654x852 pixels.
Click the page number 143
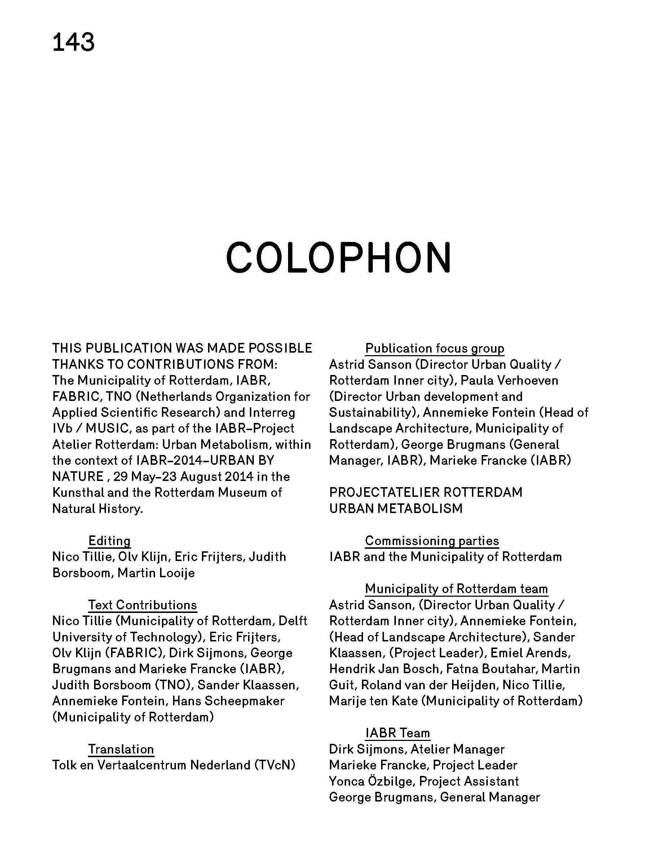pyautogui.click(x=74, y=43)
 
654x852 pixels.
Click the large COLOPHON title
pyautogui.click(x=338, y=258)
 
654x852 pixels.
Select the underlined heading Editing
pyautogui.click(x=109, y=540)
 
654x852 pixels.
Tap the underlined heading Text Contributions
pyautogui.click(x=142, y=605)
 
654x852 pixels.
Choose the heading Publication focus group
pyautogui.click(x=435, y=348)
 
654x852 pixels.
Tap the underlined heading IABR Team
pyautogui.click(x=397, y=733)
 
